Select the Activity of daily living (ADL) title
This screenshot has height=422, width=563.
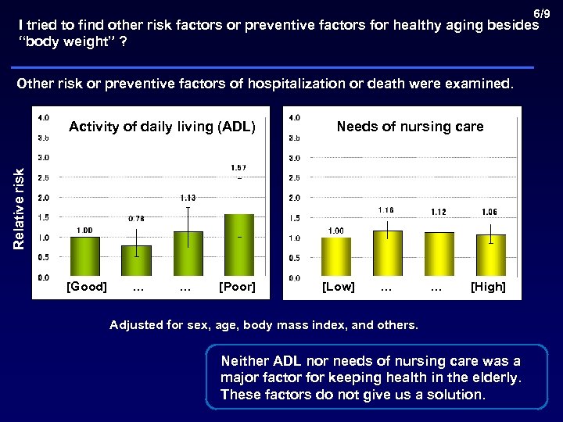[x=162, y=127]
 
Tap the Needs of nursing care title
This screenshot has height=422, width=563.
[x=410, y=127]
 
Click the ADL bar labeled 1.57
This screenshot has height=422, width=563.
[x=238, y=245]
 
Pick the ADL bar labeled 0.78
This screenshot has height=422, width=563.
[x=136, y=261]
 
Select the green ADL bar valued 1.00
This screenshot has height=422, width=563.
[x=85, y=257]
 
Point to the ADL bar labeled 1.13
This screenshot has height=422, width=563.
[x=188, y=254]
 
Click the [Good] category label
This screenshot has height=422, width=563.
[x=86, y=287]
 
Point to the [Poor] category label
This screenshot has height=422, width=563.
[x=237, y=287]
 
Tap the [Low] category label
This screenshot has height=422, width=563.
[x=339, y=287]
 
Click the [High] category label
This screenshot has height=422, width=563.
[x=488, y=287]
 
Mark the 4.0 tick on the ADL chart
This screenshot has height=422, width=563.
[x=44, y=117]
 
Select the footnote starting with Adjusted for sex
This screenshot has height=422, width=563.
[x=264, y=324]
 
